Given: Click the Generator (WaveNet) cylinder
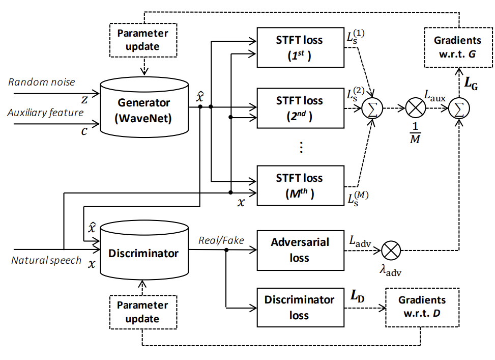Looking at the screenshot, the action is (x=144, y=107).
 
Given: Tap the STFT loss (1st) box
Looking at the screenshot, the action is (x=301, y=47).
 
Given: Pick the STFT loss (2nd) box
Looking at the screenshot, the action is (x=301, y=108).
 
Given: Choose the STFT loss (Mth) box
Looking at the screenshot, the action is (x=301, y=186).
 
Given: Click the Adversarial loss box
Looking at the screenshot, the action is (x=301, y=251).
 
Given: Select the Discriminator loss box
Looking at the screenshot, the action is (x=301, y=307).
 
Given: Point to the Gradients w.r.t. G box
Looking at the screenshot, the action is (x=458, y=47).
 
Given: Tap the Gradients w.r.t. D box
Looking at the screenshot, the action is (x=422, y=307).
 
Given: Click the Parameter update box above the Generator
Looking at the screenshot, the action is (x=143, y=40).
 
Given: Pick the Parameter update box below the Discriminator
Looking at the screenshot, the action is (x=143, y=312).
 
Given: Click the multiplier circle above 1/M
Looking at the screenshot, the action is (x=416, y=108).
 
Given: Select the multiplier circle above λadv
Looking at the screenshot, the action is (x=391, y=251).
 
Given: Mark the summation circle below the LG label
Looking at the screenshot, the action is (x=459, y=108).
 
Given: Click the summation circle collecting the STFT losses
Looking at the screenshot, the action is (x=372, y=108).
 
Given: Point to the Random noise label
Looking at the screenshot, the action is (x=42, y=82).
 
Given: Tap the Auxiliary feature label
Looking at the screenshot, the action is (x=45, y=113).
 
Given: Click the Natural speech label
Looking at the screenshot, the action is (x=46, y=260).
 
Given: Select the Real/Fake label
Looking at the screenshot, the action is (x=221, y=240).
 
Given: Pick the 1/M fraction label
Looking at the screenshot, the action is (x=415, y=133).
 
